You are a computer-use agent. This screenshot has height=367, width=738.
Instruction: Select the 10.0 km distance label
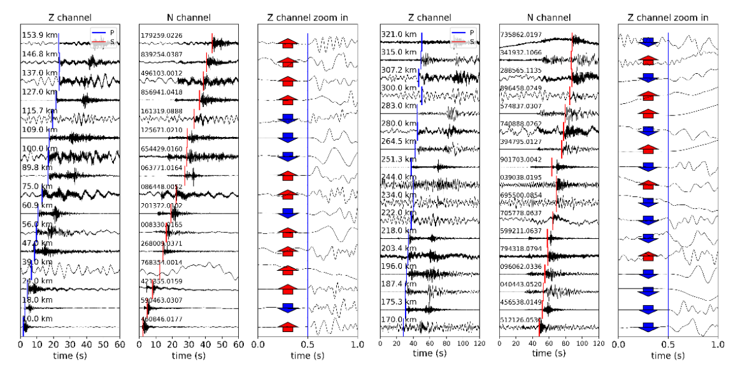pyautogui.click(x=35, y=319)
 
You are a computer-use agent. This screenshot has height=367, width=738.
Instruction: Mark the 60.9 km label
pyautogui.click(x=35, y=205)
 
